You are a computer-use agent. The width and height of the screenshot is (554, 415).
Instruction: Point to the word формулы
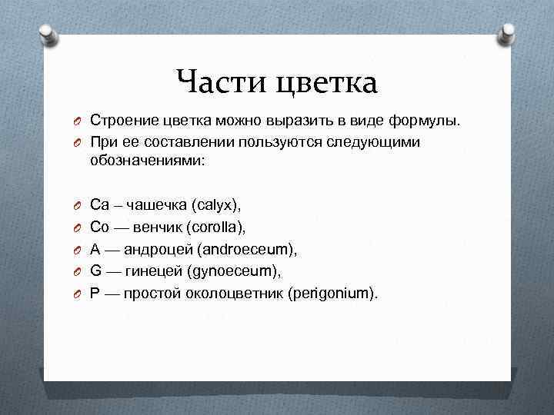point(426,121)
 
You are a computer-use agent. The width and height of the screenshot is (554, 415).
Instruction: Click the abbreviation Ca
point(100,205)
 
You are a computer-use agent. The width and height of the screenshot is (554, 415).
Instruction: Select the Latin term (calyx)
point(218,205)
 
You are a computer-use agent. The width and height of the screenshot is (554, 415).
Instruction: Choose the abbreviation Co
point(100,227)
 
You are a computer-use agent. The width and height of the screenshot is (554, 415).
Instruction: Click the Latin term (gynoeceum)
point(239,271)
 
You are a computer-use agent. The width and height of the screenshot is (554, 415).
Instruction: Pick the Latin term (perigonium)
point(332,294)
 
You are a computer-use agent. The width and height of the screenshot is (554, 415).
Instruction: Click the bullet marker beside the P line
point(78,294)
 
